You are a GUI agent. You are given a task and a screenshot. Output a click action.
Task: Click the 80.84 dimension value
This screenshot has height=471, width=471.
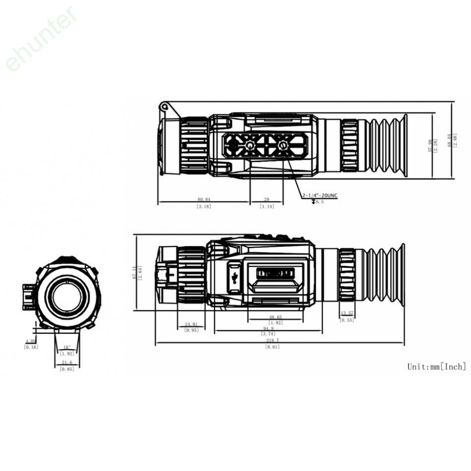[204, 199]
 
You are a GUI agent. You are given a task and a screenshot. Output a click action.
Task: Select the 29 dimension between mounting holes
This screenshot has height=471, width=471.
[267, 199]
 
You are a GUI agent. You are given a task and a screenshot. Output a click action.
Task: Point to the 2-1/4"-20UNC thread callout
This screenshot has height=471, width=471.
[320, 195]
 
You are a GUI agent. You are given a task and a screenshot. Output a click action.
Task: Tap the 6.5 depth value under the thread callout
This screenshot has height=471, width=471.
[319, 202]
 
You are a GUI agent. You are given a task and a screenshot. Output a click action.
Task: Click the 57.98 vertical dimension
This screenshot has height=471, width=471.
[431, 143]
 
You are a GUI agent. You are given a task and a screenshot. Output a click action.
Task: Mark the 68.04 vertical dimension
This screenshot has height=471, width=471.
[450, 140]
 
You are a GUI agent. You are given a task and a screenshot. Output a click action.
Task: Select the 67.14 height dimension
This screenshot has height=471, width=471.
[134, 272]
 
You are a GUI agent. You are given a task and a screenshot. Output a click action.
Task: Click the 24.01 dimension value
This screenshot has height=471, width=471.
[191, 324]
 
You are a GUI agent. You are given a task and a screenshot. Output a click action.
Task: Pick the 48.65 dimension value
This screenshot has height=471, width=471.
[275, 317]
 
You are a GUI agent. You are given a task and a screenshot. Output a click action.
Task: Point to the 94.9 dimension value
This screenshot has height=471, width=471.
[268, 328]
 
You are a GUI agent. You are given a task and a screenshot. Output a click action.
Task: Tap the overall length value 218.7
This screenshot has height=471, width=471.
[272, 341]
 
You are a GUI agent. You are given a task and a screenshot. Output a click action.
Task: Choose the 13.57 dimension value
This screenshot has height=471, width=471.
[347, 313]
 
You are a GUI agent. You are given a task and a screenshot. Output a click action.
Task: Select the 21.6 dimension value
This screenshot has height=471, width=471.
[66, 363]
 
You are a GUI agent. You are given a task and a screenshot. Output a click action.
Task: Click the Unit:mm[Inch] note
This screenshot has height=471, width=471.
[436, 366]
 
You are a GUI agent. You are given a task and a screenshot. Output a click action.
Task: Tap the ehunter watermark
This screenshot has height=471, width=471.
[42, 38]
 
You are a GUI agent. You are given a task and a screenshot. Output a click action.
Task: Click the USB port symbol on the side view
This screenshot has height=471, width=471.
[235, 276]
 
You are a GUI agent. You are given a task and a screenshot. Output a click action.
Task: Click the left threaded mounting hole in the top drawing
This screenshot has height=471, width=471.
[250, 145]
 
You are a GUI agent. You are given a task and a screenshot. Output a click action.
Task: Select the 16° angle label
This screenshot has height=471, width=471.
[67, 347]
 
